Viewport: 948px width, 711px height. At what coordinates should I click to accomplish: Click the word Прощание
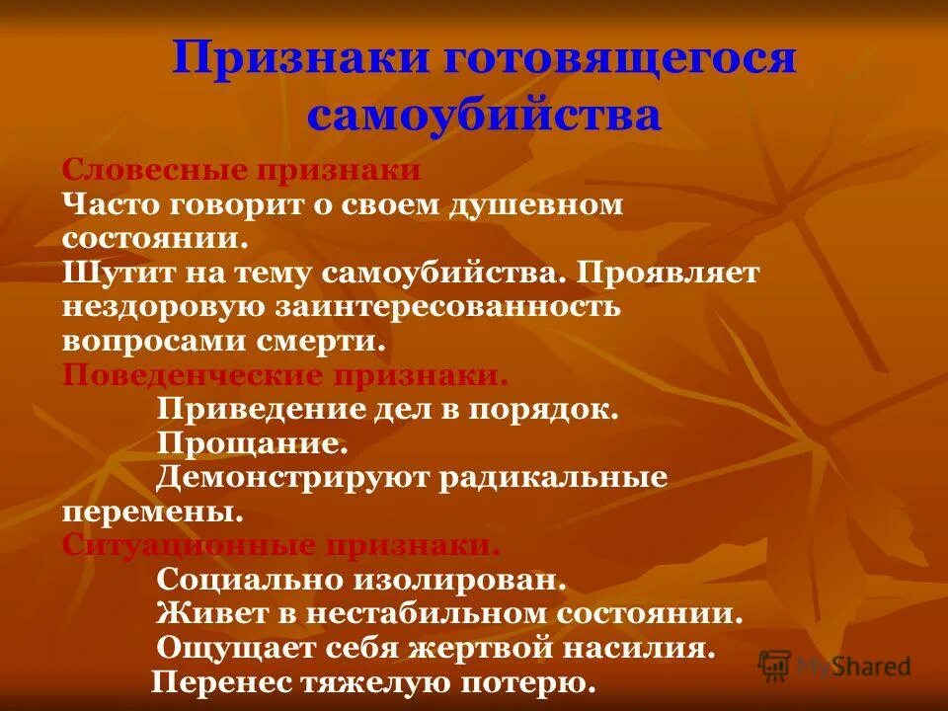pos(252,443)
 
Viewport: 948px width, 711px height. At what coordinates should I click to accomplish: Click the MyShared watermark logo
pos(834,667)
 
